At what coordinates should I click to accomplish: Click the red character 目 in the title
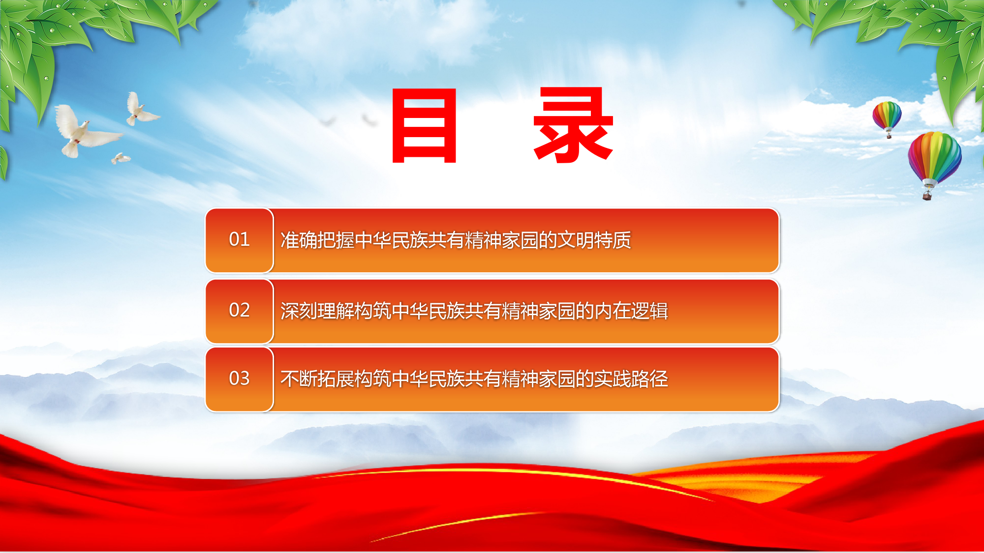click(425, 125)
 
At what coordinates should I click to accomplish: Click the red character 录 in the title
click(574, 125)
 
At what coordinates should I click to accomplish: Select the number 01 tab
click(239, 240)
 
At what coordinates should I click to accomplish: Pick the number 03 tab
click(239, 379)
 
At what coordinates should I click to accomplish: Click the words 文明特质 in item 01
click(594, 240)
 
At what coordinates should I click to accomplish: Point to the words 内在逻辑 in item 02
click(631, 311)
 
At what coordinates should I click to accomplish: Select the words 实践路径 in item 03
click(631, 379)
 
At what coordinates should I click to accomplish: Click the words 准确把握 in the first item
click(317, 240)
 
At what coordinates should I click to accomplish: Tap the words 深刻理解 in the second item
click(317, 311)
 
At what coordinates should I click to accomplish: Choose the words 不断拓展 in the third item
click(317, 379)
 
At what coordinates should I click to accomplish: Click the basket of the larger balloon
click(927, 196)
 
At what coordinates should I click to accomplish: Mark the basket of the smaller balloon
click(889, 136)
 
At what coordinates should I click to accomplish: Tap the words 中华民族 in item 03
click(428, 379)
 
